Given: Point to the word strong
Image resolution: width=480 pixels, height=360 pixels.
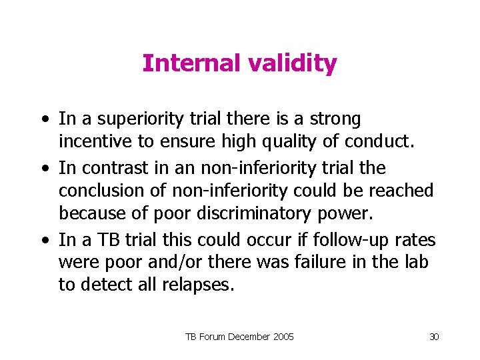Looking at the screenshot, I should pos(337,119).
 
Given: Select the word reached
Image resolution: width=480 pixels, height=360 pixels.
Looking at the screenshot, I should pos(401,191).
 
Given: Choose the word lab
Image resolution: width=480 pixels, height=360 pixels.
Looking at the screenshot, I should pos(416,262).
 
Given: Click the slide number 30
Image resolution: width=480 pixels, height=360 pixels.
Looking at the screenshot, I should pos(434,337).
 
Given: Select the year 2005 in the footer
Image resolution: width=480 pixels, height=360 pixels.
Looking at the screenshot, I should pos(281,337).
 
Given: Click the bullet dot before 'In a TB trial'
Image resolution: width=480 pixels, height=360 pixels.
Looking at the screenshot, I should pos(45,239).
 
